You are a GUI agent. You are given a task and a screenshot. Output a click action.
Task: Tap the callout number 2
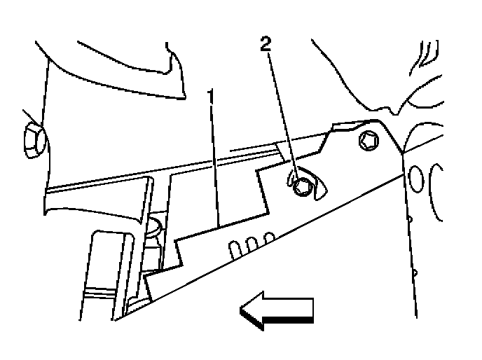coord(264,44)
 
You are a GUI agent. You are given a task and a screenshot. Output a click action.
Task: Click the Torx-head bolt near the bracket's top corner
coord(369,141)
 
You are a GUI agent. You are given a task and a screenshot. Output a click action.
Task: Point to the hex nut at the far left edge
coord(32,139)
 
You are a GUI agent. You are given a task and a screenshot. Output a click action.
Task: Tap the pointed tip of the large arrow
coord(242,310)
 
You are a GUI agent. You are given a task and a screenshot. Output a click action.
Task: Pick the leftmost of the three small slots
coord(232,247)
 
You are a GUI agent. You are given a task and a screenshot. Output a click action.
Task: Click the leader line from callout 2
coord(281,112)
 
